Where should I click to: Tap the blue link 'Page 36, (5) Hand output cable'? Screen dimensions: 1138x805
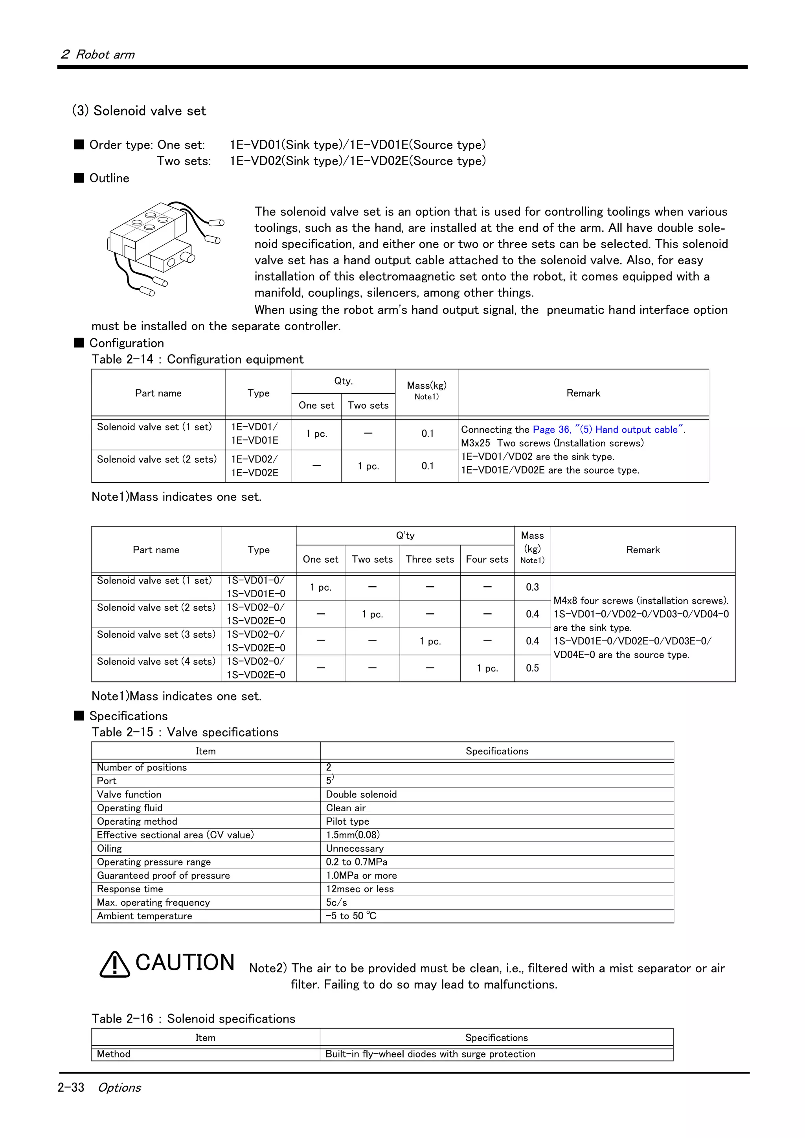tap(608, 430)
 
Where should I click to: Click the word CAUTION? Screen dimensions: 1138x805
tap(184, 962)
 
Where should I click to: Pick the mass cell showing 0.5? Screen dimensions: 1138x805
tap(532, 668)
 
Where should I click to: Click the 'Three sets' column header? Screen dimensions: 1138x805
tap(430, 560)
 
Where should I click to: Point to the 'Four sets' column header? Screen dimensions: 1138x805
tap(487, 560)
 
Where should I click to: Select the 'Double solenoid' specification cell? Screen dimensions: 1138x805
tap(361, 794)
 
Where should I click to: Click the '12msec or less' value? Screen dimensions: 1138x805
tap(360, 889)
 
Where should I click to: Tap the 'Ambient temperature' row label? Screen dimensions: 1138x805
tap(144, 916)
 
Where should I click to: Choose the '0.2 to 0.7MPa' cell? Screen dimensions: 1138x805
tap(356, 862)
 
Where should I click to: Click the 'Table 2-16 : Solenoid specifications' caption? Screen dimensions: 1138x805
tap(193, 1019)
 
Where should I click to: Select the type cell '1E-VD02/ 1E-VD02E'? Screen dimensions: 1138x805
tap(255, 466)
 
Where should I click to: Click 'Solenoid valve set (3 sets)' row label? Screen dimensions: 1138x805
tap(156, 635)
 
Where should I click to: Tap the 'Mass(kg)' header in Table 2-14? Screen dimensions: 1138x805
tap(426, 386)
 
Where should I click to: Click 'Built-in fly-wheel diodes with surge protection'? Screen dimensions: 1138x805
tap(430, 1054)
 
